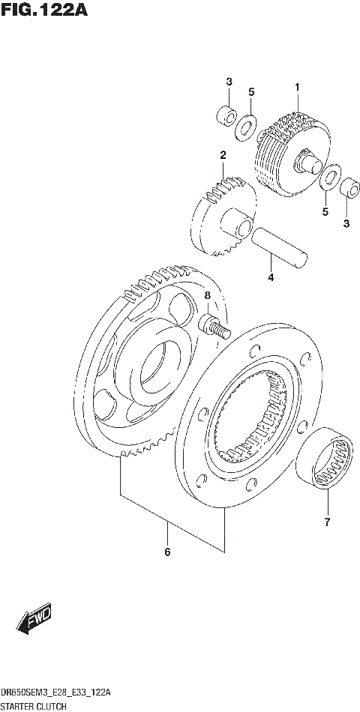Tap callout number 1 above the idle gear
[x=297, y=88]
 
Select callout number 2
[x=223, y=155]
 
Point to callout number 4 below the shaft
[x=271, y=277]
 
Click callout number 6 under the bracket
[x=167, y=552]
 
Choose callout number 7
[x=327, y=522]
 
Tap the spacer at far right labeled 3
[x=347, y=187]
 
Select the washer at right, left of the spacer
[x=327, y=180]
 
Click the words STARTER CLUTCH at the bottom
[x=34, y=706]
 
